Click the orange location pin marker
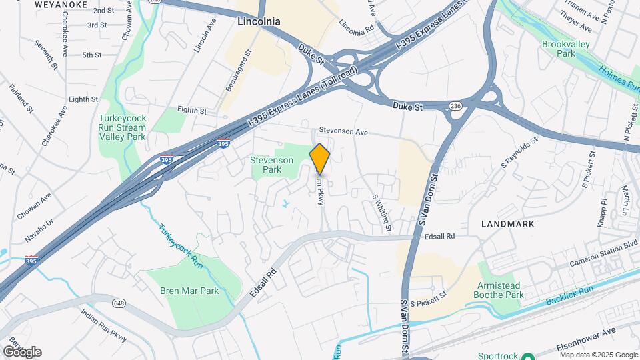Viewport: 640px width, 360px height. tap(320, 159)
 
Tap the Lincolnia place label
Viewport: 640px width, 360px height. tap(259, 21)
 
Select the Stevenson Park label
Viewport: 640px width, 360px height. tap(271, 165)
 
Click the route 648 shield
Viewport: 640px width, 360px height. tap(119, 303)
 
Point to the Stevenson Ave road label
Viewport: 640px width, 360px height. tap(343, 132)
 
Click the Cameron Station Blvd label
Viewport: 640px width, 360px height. tap(604, 254)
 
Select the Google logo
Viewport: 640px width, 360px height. tap(22, 351)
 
